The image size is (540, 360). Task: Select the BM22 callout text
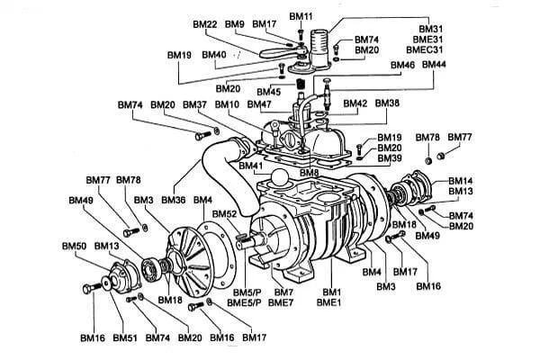[205, 23]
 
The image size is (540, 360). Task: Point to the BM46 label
[402, 66]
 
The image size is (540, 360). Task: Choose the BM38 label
[387, 103]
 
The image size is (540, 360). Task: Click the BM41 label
[250, 167]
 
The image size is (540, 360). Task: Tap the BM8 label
[310, 173]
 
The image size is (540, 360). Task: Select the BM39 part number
[389, 159]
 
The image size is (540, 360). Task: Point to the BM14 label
[460, 180]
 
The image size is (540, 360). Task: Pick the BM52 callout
[226, 213]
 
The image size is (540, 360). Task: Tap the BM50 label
[73, 246]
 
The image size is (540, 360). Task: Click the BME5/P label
[244, 304]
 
